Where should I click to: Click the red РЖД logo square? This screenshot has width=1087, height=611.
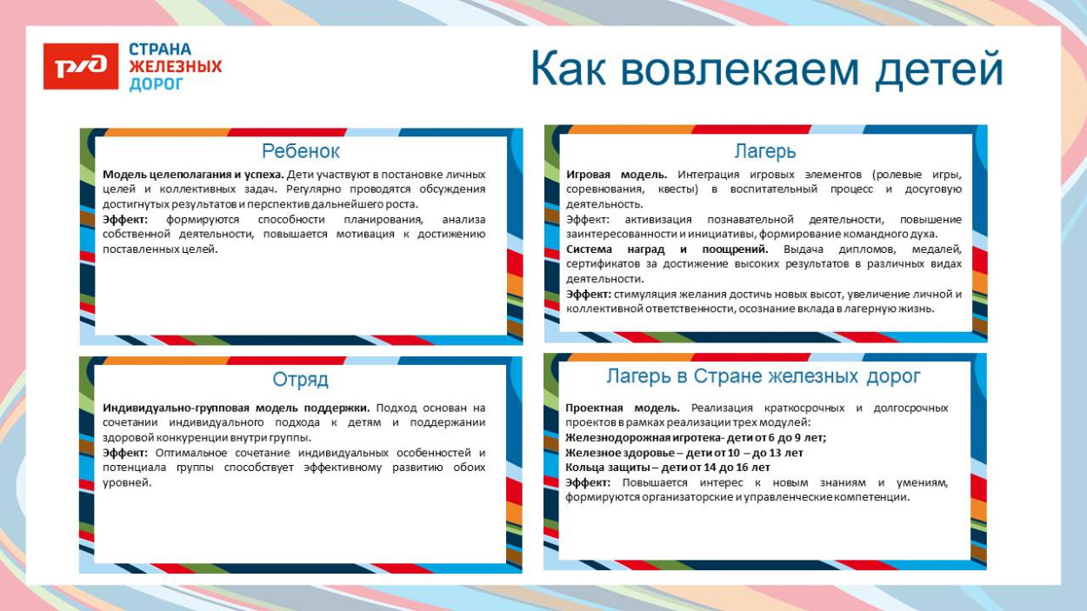[x=80, y=66]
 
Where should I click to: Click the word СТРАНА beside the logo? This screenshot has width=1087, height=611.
[x=160, y=50]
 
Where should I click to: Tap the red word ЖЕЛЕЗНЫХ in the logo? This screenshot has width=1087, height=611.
[x=175, y=67]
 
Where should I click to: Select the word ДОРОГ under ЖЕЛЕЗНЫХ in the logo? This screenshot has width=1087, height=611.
[x=157, y=84]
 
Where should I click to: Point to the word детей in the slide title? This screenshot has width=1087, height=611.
[x=938, y=70]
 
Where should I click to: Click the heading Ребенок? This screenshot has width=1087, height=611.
[x=300, y=151]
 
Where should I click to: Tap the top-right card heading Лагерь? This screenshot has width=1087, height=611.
[x=764, y=151]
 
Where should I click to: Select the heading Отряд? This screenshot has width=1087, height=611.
[x=300, y=380]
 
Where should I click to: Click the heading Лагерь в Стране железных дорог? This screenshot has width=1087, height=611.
[x=763, y=376]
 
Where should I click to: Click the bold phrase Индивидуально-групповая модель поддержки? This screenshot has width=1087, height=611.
[x=236, y=408]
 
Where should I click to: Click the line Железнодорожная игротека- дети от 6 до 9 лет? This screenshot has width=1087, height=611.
[x=695, y=438]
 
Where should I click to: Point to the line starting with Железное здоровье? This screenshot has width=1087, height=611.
[x=684, y=453]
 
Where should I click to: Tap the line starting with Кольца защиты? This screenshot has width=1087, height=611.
[x=667, y=468]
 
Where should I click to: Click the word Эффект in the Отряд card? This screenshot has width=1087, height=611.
[x=125, y=453]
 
